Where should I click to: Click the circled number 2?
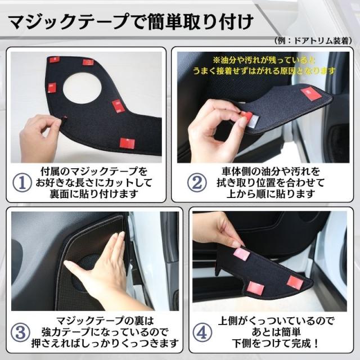[x=197, y=183]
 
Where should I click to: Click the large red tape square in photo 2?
[x=310, y=93]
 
